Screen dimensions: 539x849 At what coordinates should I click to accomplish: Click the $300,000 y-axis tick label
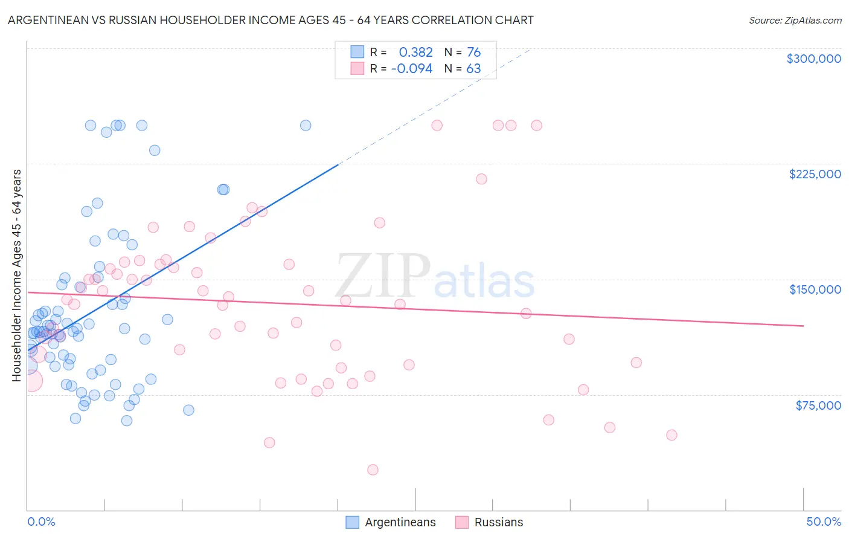pyautogui.click(x=813, y=59)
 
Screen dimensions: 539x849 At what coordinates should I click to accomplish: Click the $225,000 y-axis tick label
pyautogui.click(x=815, y=174)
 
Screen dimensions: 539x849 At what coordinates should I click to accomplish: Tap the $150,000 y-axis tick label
pyautogui.click(x=815, y=289)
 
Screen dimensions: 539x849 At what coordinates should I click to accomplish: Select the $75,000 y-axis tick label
pyautogui.click(x=818, y=405)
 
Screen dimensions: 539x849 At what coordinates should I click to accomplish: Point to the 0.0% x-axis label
pyautogui.click(x=41, y=521)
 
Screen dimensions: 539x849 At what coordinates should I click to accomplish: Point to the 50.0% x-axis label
pyautogui.click(x=824, y=521)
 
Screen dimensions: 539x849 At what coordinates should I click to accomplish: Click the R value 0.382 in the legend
pyautogui.click(x=415, y=53)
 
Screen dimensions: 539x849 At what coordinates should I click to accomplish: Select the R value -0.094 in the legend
pyautogui.click(x=412, y=69)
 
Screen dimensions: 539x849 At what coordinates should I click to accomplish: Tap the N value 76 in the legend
pyautogui.click(x=473, y=53)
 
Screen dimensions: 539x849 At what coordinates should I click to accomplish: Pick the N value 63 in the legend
pyautogui.click(x=473, y=69)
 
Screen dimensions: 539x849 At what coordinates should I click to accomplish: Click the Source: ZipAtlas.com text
pyautogui.click(x=795, y=21)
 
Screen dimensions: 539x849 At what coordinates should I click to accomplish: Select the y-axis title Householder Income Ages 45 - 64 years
pyautogui.click(x=16, y=276)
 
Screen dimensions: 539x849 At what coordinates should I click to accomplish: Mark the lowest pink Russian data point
pyautogui.click(x=373, y=470)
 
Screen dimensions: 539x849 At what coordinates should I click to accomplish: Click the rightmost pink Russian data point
pyautogui.click(x=671, y=435)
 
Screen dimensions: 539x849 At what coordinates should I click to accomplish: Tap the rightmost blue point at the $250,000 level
pyautogui.click(x=306, y=126)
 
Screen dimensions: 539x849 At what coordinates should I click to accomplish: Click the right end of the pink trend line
pyautogui.click(x=803, y=326)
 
